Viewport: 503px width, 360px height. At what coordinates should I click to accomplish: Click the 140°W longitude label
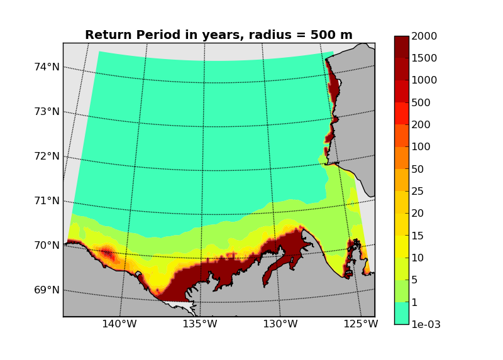119,324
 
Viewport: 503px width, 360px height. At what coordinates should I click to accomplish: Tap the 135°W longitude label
200,324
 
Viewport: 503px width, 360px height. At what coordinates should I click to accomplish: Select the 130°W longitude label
280,324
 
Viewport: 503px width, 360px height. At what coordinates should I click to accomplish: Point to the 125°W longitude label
360,324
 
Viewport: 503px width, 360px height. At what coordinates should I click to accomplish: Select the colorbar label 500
421,103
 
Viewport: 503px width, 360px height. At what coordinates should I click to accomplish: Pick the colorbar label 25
418,191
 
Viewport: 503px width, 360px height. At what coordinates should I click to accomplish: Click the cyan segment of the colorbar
402,313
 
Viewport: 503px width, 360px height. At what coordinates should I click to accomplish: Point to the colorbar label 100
421,147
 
